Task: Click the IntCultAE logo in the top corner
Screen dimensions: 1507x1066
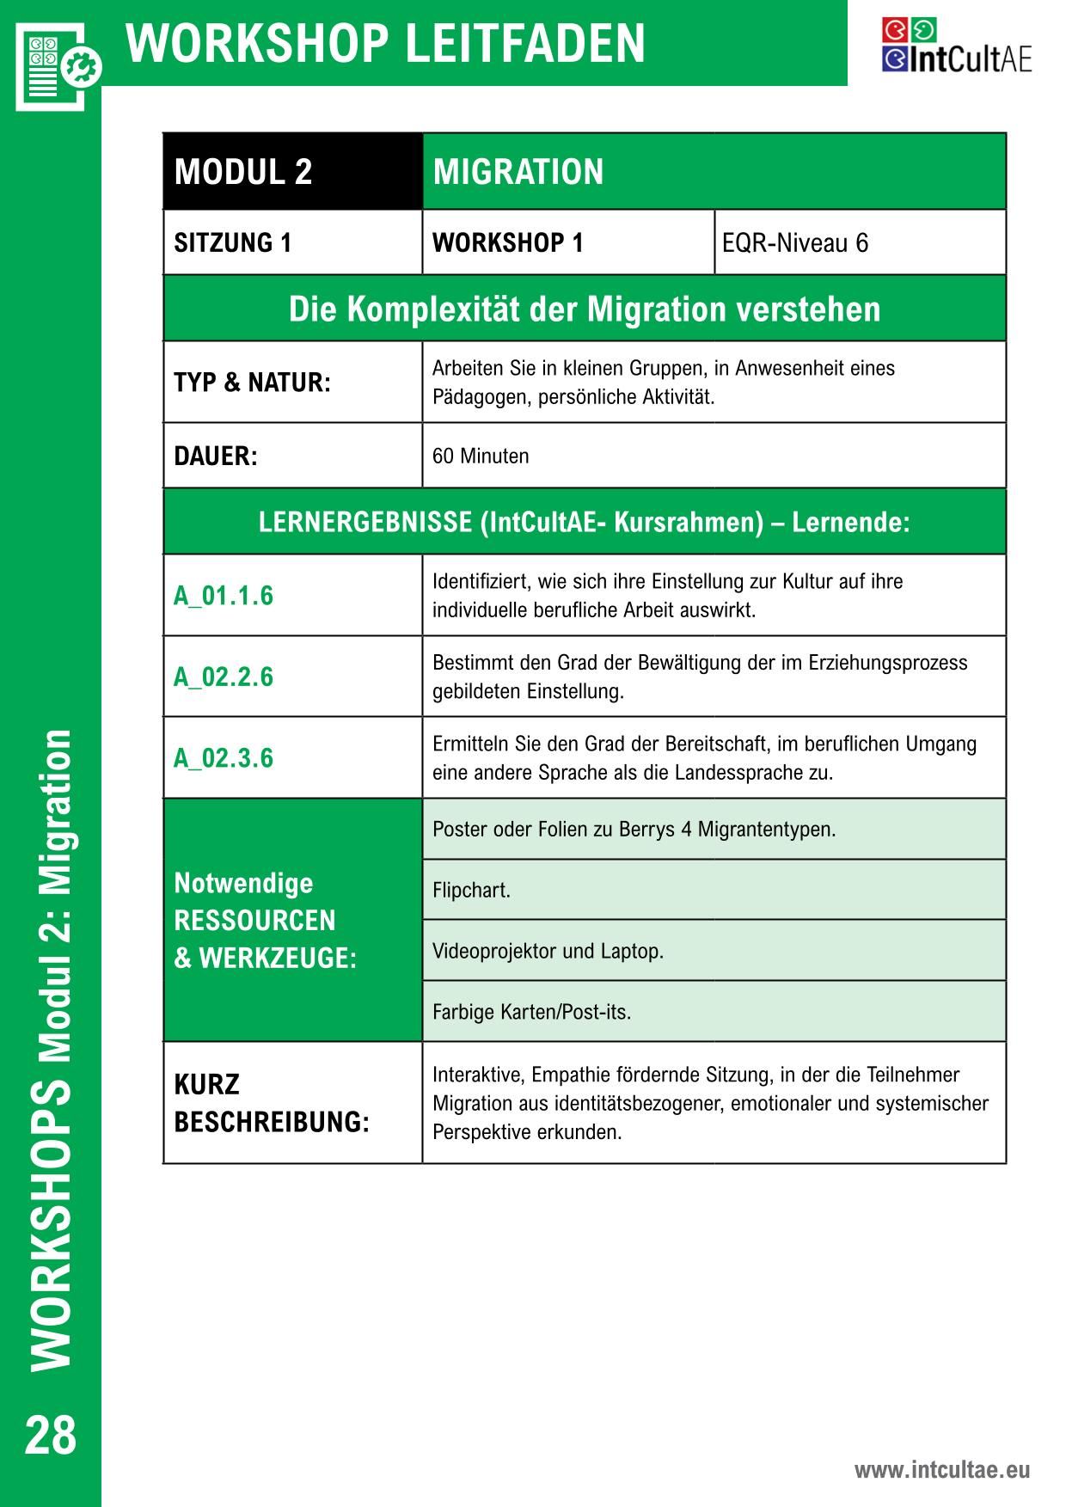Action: (x=956, y=46)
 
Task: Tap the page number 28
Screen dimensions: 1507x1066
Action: (x=51, y=1436)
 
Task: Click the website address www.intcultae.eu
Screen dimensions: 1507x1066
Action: (x=941, y=1469)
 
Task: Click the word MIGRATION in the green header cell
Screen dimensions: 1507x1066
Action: (x=518, y=172)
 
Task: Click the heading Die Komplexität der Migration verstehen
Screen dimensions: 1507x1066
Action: (x=585, y=309)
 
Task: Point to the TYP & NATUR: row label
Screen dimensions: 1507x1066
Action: (x=252, y=383)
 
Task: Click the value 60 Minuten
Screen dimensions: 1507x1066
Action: (x=481, y=456)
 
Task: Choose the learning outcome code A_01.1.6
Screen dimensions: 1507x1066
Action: (x=224, y=596)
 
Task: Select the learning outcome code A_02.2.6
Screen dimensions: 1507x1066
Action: (x=224, y=677)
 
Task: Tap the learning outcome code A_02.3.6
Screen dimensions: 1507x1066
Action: (x=224, y=758)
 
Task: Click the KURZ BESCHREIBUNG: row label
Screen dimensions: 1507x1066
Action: (x=271, y=1103)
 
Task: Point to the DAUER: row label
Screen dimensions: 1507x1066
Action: (x=216, y=456)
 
